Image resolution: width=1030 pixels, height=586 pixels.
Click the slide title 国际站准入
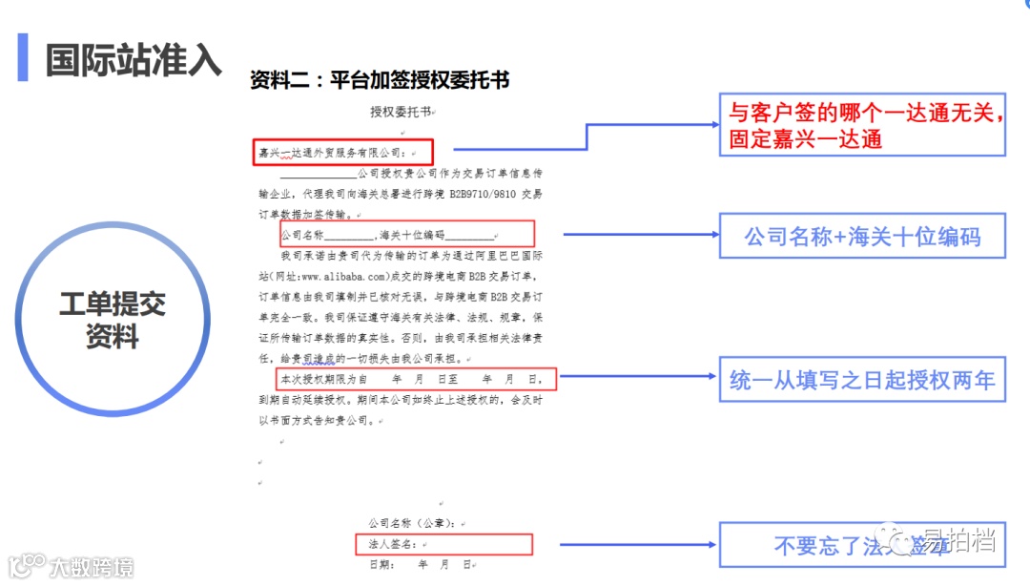pos(134,58)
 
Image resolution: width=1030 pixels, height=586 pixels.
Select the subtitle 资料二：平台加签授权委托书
pos(380,80)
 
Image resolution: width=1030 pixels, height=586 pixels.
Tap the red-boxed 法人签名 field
pos(443,544)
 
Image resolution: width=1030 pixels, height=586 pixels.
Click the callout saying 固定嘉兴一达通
pos(862,125)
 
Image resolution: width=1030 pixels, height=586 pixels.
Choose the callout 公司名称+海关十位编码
pos(862,236)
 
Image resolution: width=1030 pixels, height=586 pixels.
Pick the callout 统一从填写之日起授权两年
pos(862,379)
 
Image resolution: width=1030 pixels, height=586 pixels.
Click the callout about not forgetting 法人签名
pos(862,544)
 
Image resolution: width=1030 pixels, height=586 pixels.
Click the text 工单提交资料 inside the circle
pos(113,320)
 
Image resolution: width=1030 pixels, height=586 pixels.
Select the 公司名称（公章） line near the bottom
pos(418,523)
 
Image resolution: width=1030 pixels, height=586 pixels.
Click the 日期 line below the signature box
pos(420,565)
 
